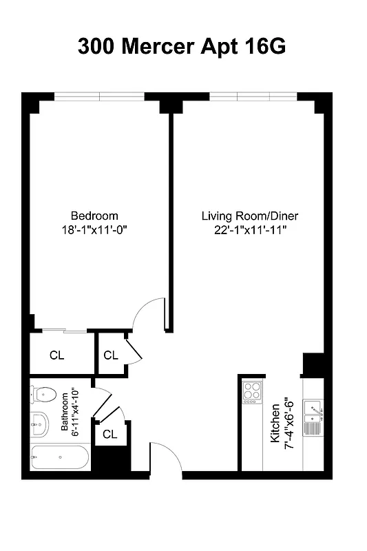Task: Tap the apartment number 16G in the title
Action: coord(262,47)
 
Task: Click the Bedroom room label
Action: coord(94,216)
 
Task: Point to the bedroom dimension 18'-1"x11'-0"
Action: coord(94,231)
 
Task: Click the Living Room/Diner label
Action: coord(249,216)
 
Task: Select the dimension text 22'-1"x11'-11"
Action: coord(249,231)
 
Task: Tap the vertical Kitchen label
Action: coord(275,422)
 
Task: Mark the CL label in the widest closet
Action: coord(57,355)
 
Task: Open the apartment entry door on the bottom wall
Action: coord(165,460)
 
